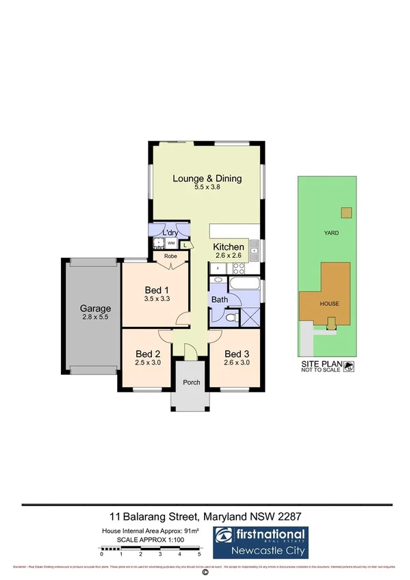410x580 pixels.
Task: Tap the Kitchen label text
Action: click(228, 247)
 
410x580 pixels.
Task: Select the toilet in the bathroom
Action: click(231, 317)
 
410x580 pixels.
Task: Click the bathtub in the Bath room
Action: click(244, 283)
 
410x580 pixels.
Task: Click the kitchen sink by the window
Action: click(254, 250)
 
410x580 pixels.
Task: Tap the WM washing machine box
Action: click(170, 243)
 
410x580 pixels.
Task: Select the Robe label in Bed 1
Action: click(170, 258)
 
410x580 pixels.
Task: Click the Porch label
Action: click(192, 382)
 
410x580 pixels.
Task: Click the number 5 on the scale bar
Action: click(199, 553)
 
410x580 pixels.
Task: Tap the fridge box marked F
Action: click(218, 268)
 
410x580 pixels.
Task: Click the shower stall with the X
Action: click(250, 317)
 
